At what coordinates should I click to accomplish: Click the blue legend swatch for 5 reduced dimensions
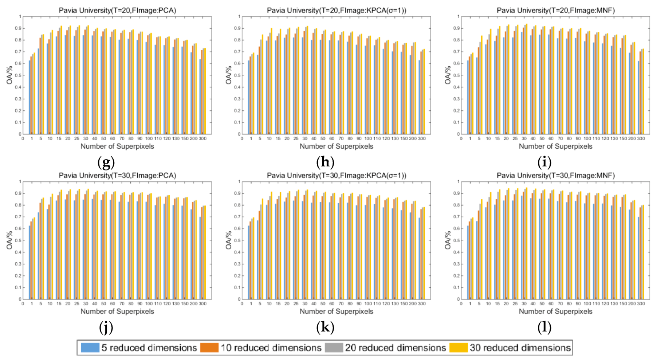point(90,348)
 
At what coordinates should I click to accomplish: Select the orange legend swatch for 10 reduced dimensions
point(209,348)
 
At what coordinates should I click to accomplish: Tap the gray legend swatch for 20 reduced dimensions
point(334,348)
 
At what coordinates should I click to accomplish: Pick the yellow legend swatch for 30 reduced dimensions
point(458,348)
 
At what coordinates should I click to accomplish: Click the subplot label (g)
point(106,162)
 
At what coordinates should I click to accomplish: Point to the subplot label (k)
point(325,327)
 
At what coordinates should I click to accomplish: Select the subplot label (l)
point(544,327)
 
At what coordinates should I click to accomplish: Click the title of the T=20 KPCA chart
point(336,10)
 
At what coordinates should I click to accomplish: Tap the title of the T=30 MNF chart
point(555,175)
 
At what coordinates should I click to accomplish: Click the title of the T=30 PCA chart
point(117,175)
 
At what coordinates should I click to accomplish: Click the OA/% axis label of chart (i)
point(448,75)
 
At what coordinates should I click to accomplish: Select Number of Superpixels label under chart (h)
point(336,146)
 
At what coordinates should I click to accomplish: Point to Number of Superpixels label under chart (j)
point(117,312)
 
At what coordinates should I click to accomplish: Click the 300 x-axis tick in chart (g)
point(202,139)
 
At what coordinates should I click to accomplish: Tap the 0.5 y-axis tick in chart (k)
point(239,240)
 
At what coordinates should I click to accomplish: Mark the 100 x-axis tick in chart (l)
point(587,304)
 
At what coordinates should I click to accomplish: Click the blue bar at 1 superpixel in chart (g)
point(29,98)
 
